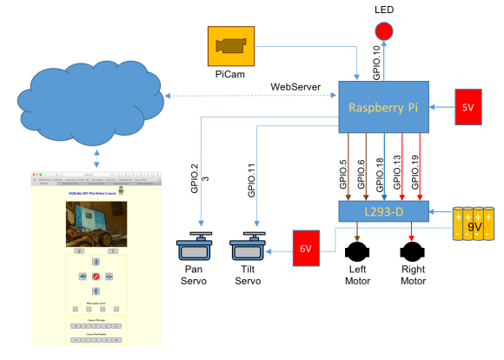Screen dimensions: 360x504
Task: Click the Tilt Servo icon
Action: (x=250, y=248)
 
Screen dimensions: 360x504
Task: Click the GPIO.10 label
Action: (x=376, y=62)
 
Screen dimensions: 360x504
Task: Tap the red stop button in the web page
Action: (x=95, y=277)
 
